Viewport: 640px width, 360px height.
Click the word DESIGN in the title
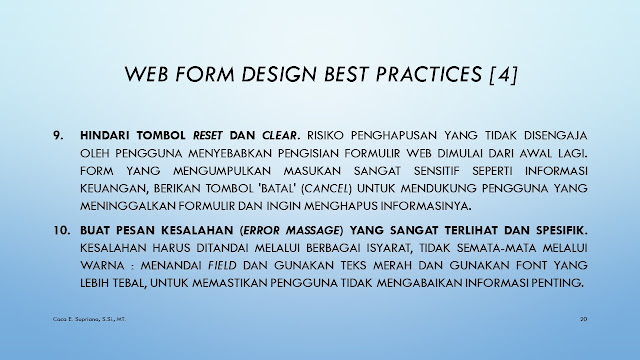279,74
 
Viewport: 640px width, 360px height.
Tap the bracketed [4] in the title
503,74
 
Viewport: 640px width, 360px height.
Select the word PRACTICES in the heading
429,74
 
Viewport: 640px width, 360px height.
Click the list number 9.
58,135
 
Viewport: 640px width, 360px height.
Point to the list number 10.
62,230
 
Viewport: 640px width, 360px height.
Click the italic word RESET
208,135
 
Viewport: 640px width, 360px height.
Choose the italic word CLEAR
280,135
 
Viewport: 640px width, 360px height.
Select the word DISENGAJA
556,135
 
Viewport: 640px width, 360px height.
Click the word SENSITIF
436,171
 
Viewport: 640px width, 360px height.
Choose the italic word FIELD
222,265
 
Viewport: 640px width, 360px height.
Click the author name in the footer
89,319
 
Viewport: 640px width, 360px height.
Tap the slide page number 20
584,319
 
